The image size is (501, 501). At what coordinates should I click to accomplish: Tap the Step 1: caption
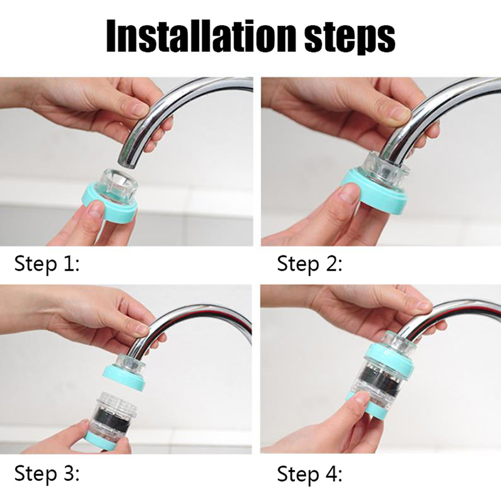(46, 265)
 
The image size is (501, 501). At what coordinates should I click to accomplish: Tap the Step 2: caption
(309, 265)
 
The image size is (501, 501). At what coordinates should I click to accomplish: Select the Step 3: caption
(46, 474)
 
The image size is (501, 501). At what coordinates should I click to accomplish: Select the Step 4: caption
(309, 474)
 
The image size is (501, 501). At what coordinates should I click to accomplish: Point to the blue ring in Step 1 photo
(110, 207)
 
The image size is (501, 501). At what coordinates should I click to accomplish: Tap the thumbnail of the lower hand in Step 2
(349, 194)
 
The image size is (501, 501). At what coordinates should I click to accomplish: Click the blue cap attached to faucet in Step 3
(125, 377)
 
